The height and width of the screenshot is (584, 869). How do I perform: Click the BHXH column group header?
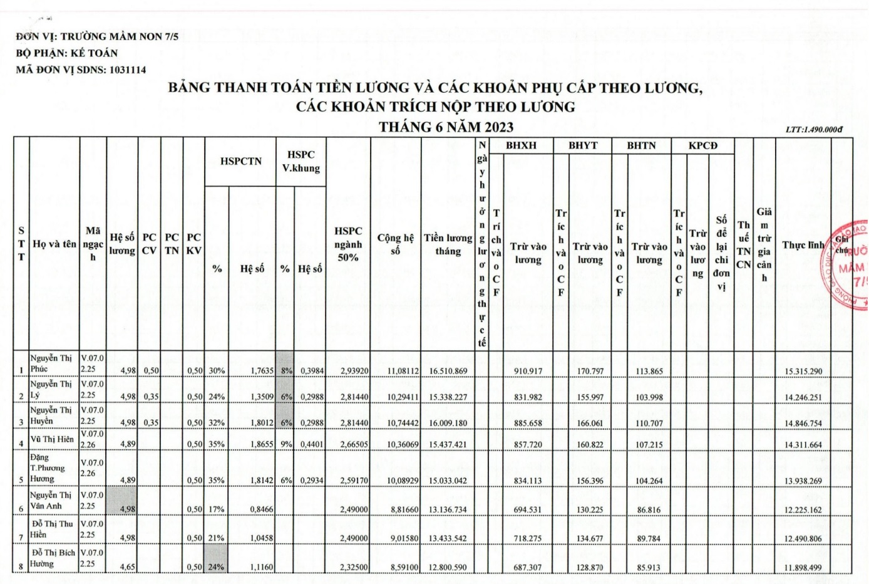521,145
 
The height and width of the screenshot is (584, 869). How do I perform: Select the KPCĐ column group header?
702,145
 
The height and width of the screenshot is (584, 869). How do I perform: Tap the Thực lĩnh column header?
803,245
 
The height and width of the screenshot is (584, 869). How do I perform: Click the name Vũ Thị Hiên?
53,439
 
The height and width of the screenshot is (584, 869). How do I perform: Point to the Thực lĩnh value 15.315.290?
803,372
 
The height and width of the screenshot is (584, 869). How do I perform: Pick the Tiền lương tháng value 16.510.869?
448,371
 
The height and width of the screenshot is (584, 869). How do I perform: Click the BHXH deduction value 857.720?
528,445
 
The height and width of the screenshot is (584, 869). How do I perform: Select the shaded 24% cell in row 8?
216,567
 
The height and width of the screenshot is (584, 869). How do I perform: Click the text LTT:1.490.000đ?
814,130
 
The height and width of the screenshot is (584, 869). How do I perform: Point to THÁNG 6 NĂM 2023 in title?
446,127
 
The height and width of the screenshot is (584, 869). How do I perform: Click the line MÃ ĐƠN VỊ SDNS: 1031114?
81,70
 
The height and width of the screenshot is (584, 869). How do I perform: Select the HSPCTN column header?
240,162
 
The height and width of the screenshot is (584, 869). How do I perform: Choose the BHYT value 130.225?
590,510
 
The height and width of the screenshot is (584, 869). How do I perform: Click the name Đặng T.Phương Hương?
47,468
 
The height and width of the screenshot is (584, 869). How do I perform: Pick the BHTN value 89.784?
649,539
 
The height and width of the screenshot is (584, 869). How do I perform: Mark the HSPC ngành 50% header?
348,244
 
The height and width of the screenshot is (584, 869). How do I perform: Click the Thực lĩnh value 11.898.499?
803,568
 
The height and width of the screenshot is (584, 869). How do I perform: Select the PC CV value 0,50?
151,371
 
